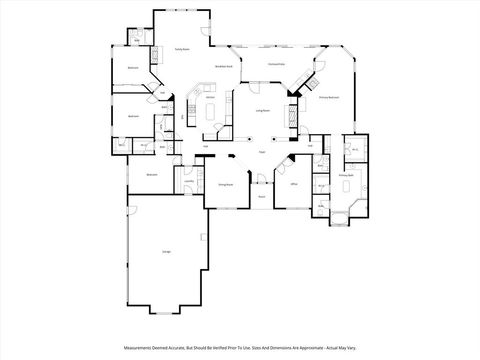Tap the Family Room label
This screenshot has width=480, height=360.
(x=183, y=48)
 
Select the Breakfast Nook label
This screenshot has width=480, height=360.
(x=224, y=66)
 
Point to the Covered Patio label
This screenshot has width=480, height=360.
(x=277, y=63)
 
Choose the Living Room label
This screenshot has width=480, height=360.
(x=263, y=110)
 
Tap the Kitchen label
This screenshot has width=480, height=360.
(x=211, y=97)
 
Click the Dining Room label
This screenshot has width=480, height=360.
(x=226, y=185)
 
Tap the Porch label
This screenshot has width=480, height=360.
(x=261, y=196)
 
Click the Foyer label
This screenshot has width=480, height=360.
(x=261, y=151)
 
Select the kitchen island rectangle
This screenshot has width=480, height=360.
(x=212, y=111)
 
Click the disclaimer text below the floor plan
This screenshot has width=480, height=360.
(x=239, y=348)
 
